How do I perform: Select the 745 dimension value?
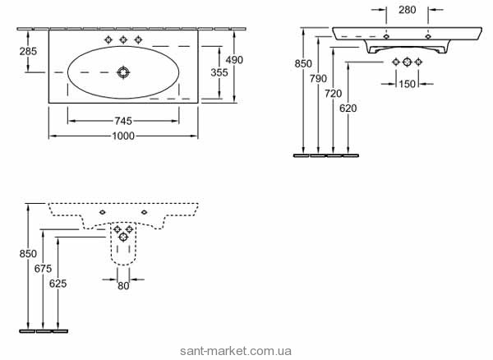pyautogui.click(x=122, y=120)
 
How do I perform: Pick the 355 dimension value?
pyautogui.click(x=219, y=72)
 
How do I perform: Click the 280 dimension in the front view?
pyautogui.click(x=407, y=9)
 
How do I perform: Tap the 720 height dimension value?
pyautogui.click(x=333, y=93)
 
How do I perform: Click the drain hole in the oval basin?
pyautogui.click(x=123, y=72)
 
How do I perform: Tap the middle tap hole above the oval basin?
pyautogui.click(x=123, y=39)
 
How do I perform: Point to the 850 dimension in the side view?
pyautogui.click(x=27, y=254)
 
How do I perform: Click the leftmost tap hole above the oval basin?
pyautogui.click(x=109, y=39)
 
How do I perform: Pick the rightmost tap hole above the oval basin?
pyautogui.click(x=137, y=39)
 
